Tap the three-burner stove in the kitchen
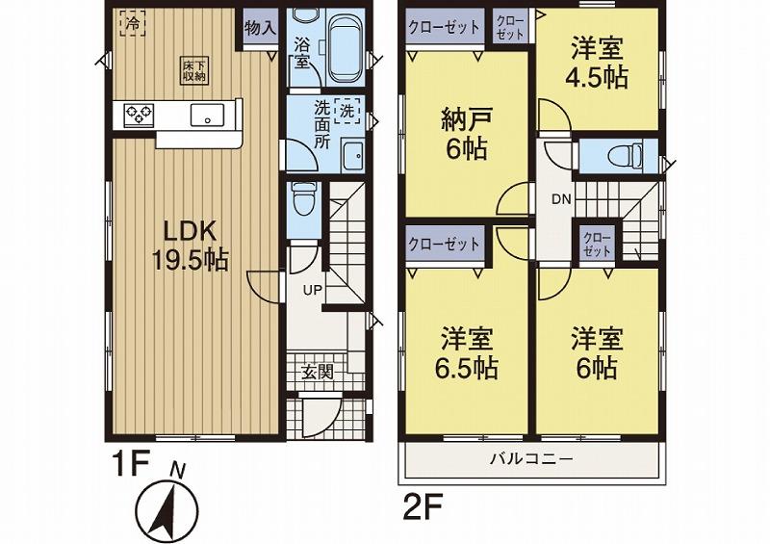point(139,116)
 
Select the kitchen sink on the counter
point(207,116)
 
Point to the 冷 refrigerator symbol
point(132,22)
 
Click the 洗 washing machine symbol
point(348,110)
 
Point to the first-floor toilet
point(303,200)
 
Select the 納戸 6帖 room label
point(464,135)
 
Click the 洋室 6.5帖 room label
point(469,352)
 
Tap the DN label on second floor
point(561,200)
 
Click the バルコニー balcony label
point(531,459)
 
